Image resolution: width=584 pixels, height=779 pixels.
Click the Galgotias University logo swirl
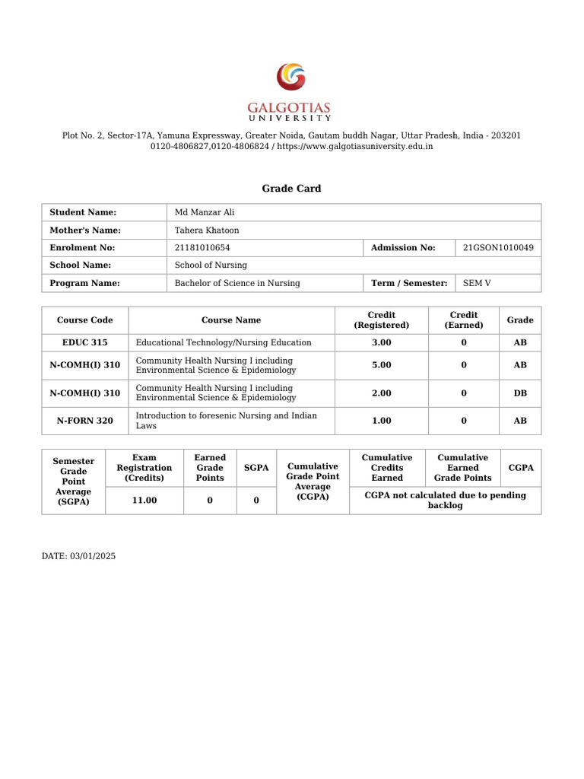pos(291,78)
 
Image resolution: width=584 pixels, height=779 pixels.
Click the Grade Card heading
pos(291,189)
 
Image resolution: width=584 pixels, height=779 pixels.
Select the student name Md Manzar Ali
pos(205,212)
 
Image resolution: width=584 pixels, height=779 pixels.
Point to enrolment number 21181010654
pos(202,247)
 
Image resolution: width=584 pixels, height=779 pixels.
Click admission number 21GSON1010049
pos(498,247)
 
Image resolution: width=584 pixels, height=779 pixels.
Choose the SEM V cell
pos(477,283)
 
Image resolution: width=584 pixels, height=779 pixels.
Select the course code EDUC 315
pos(84,342)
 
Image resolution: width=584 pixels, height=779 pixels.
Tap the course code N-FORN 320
pos(84,421)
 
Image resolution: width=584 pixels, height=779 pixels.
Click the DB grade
pos(520,394)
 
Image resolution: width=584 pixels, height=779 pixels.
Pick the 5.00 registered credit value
pos(382,365)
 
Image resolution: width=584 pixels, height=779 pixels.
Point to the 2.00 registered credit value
pos(382,394)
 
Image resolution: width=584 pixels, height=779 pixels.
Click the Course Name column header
pos(231,320)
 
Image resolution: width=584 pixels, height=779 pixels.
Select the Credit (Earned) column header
pos(464,320)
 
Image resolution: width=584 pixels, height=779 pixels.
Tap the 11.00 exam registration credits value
pos(144,501)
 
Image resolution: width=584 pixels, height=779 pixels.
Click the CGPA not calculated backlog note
pos(445,501)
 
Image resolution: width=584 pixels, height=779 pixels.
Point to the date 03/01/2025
pos(93,556)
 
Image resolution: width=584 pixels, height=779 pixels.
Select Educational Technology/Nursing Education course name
pos(224,342)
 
